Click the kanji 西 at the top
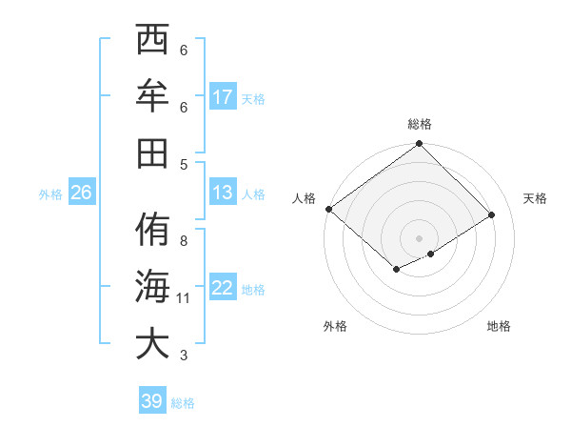click(x=152, y=42)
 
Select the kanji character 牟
click(x=152, y=97)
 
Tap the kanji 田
click(x=152, y=153)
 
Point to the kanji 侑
click(x=152, y=231)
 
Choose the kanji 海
click(x=152, y=287)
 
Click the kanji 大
click(x=152, y=343)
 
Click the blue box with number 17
click(x=223, y=96)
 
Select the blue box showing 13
click(x=223, y=193)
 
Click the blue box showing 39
click(x=152, y=401)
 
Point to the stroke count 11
click(x=184, y=298)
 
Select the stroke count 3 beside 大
click(x=184, y=356)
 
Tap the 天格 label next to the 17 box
click(x=253, y=98)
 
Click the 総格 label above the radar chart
click(x=420, y=124)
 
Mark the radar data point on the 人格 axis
click(x=328, y=209)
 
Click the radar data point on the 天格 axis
click(x=492, y=214)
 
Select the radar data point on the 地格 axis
click(x=431, y=254)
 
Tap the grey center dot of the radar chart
click(x=419, y=236)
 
